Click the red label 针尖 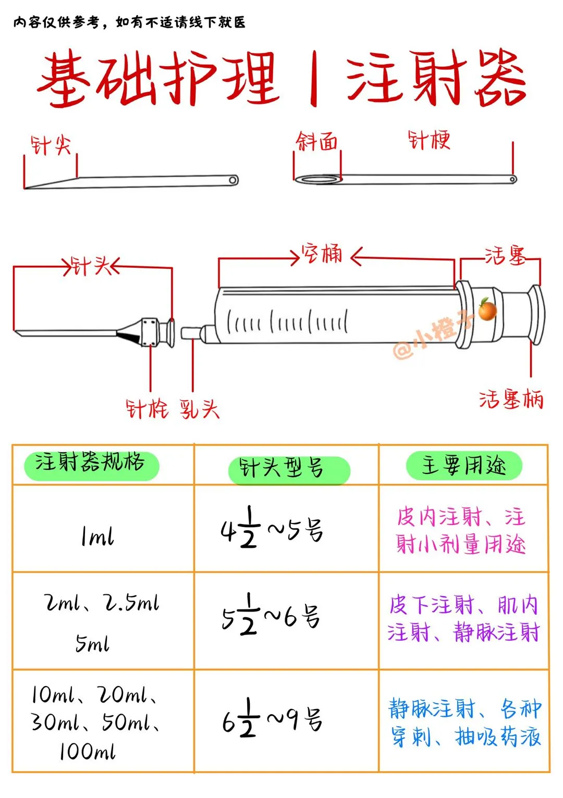point(51,145)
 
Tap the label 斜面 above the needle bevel point(317,142)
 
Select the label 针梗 point(429,140)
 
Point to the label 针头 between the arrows point(91,266)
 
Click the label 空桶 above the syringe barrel point(322,255)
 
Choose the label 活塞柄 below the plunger point(511,400)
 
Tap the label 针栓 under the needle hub point(147,409)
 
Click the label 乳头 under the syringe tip point(200,409)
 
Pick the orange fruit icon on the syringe point(487,310)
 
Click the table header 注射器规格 point(90,463)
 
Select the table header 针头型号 point(281,468)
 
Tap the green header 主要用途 point(463,465)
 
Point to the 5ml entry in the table point(92,644)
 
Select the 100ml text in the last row point(87,751)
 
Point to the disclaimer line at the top point(129,22)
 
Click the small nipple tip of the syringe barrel point(191,333)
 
